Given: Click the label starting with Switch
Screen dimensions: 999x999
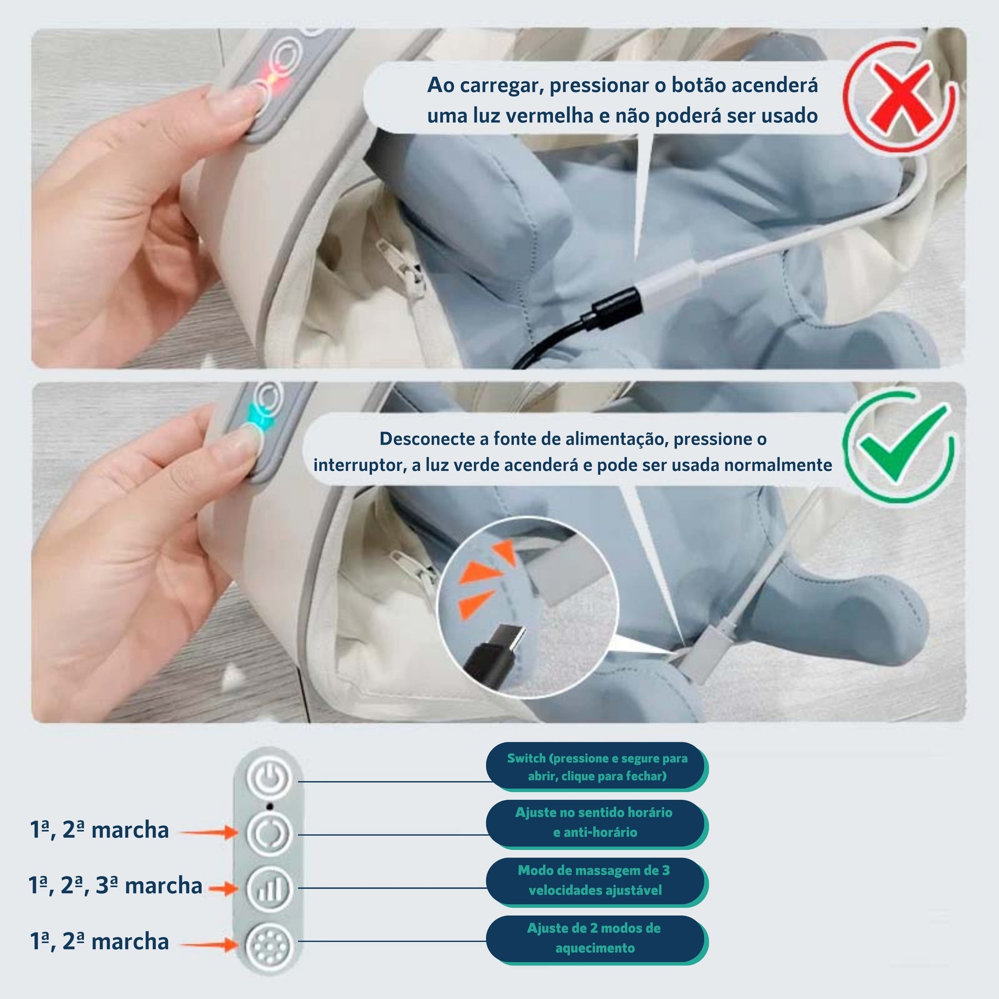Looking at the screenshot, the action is click(597, 767).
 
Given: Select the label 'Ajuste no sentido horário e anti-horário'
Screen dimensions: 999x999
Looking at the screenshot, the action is click(597, 823).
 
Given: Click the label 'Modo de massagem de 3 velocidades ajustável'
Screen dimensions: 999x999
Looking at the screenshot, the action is click(597, 881).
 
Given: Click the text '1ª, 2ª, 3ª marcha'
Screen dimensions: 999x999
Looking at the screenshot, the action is click(116, 886).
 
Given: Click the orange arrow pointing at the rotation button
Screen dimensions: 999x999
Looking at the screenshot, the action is click(209, 833).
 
